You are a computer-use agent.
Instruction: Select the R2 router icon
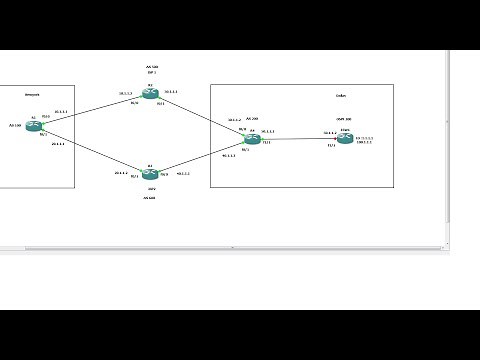coord(150,95)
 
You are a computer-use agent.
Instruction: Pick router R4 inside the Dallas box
coord(252,140)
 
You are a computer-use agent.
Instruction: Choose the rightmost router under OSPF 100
coord(345,139)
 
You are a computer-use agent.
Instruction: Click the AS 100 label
coord(14,126)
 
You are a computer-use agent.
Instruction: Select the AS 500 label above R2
coord(152,67)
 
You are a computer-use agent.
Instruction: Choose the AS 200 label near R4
coord(253,118)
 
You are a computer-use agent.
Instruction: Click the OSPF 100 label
coord(345,119)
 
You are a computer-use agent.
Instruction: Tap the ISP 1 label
coord(152,74)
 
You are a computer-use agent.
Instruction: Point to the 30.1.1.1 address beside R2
coord(171,92)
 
